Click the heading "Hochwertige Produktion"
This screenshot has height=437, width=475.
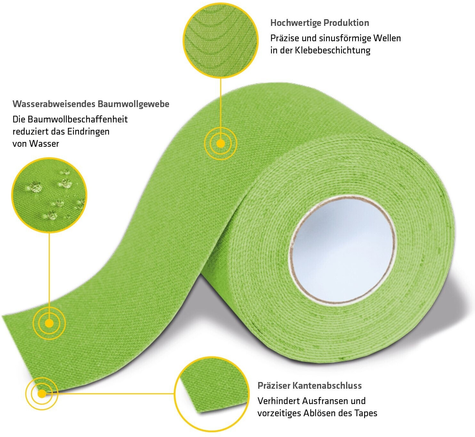click(x=320, y=23)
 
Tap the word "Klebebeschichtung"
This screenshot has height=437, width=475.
click(x=333, y=51)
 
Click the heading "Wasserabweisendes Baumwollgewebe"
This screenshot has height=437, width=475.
click(x=91, y=104)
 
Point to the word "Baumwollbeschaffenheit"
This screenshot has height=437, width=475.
click(x=77, y=120)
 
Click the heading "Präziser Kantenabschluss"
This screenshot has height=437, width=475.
click(x=310, y=386)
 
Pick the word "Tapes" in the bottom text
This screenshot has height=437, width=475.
click(x=366, y=413)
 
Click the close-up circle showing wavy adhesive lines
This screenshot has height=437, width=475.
click(x=221, y=40)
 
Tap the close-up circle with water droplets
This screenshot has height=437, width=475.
click(x=49, y=195)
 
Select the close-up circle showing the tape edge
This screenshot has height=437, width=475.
click(x=212, y=394)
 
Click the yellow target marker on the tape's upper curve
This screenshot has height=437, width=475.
click(x=220, y=144)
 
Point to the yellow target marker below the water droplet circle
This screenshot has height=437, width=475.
click(x=49, y=323)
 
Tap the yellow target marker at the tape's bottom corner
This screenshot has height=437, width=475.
click(x=42, y=394)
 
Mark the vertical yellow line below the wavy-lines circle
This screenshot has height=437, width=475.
click(x=220, y=102)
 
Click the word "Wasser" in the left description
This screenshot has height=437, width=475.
click(x=44, y=144)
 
